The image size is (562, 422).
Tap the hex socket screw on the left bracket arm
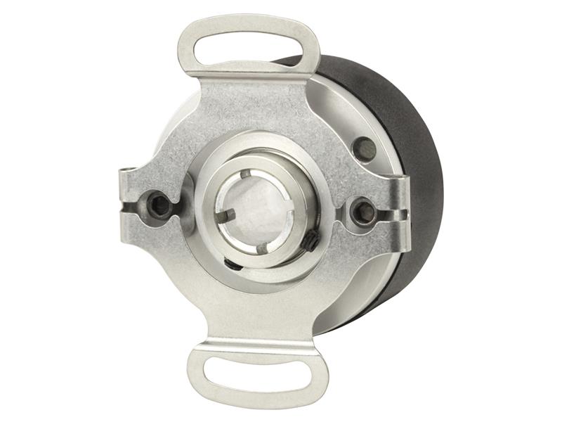159,205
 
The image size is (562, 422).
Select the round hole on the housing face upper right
365,148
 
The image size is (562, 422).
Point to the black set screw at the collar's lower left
230,264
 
